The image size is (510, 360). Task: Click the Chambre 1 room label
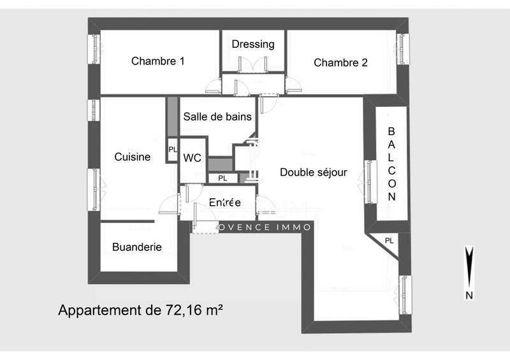pos(157,62)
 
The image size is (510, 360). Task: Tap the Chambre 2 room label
pos(340,62)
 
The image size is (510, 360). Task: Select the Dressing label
pos(253,44)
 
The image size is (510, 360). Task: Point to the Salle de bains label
pos(217,117)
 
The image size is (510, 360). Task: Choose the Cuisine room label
pos(132,157)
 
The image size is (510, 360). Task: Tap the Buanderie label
pos(136,247)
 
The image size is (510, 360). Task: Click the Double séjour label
pos(313,172)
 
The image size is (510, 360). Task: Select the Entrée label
pos(224,203)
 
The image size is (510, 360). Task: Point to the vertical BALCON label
pos(391,164)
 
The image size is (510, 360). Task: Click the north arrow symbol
pos(469,268)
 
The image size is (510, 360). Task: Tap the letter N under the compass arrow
pos(469,295)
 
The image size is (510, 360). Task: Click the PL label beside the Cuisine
pos(173,150)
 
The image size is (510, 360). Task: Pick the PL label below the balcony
pos(389,241)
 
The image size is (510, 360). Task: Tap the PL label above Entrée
pos(222,178)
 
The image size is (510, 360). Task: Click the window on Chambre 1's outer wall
pos(94,48)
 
